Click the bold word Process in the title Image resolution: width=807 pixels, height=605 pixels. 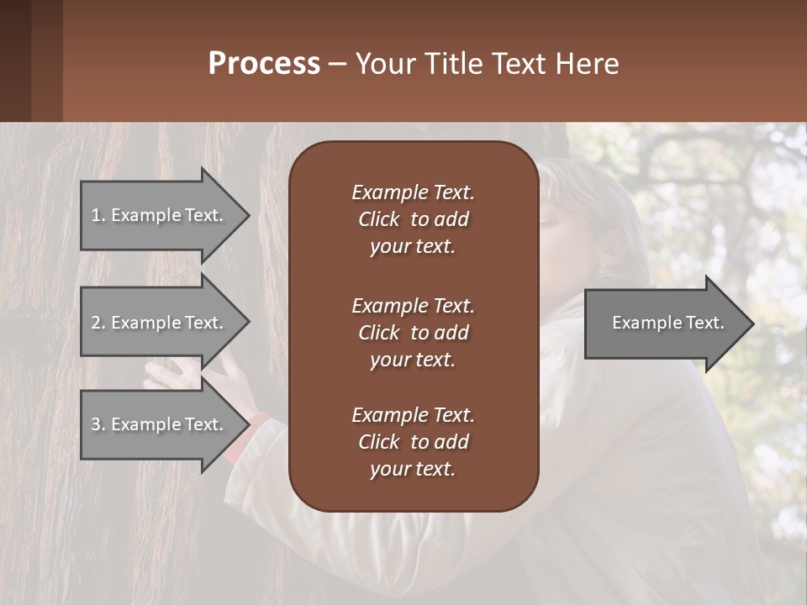pyautogui.click(x=264, y=64)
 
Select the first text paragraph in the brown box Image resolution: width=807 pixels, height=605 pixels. pyautogui.click(x=413, y=219)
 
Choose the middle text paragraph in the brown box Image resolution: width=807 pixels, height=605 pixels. pyautogui.click(x=413, y=332)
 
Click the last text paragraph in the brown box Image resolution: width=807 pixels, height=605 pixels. pyautogui.click(x=413, y=442)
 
